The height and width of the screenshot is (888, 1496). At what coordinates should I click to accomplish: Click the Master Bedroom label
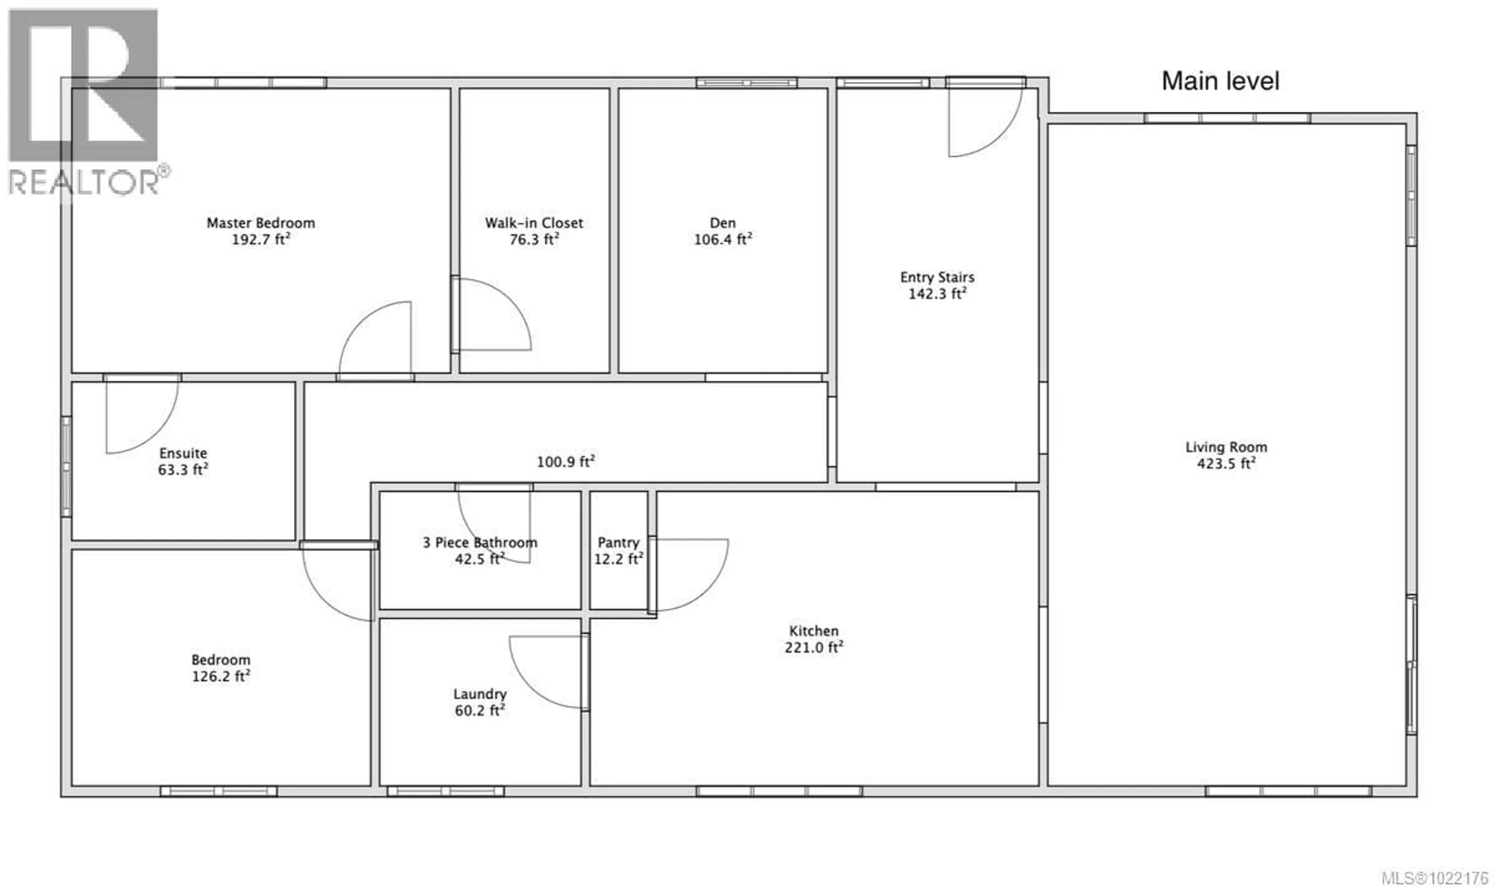point(261,223)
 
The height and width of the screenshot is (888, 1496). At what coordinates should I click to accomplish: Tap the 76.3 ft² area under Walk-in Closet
point(534,239)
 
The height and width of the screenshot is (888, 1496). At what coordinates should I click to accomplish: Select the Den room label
point(722,223)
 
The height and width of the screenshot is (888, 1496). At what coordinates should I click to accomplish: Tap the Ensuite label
point(183,453)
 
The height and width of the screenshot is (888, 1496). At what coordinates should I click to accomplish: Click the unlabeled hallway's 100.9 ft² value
point(565,462)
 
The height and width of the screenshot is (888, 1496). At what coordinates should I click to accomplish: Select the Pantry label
point(618,542)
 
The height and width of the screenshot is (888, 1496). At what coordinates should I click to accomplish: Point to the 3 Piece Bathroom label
point(480,542)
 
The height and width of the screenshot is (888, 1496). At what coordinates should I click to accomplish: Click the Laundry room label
point(480,693)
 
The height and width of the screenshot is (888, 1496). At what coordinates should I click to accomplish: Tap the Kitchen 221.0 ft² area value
point(813,647)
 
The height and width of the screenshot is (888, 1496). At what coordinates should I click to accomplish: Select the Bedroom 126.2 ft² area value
point(221,676)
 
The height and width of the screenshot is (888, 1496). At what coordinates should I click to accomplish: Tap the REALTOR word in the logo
point(84,182)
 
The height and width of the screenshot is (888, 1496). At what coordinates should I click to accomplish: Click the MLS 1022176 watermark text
point(1434,878)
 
